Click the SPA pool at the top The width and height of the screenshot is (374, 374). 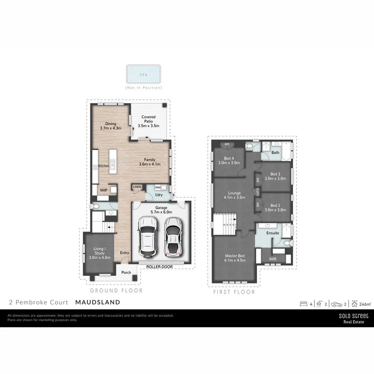143,74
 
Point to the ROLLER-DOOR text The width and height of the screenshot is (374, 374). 160,267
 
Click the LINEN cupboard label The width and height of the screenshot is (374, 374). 137,187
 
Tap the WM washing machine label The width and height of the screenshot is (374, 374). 158,187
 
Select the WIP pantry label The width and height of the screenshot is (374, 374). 104,190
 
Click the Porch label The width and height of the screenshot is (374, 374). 126,273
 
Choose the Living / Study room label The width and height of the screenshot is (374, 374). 99,253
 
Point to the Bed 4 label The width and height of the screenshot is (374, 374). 229,161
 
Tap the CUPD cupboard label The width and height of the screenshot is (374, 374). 258,192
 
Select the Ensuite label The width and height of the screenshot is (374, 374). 273,233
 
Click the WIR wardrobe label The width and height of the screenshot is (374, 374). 273,258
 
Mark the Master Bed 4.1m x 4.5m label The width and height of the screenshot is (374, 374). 234,258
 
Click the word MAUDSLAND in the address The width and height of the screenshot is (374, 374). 98,302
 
